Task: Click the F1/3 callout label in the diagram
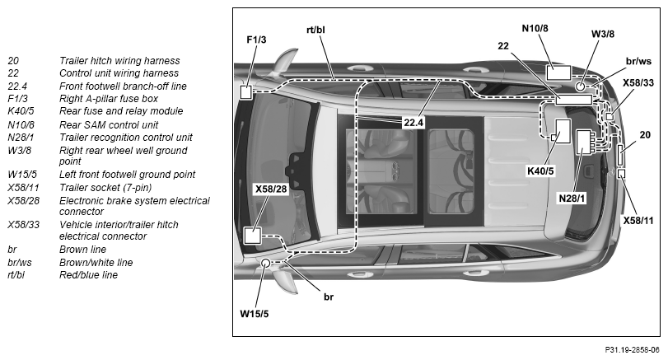click(x=256, y=40)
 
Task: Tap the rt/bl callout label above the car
click(x=315, y=30)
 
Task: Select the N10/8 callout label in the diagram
click(x=535, y=29)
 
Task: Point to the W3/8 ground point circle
click(x=581, y=86)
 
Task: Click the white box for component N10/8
click(x=558, y=72)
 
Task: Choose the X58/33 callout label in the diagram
click(x=638, y=82)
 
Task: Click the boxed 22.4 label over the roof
click(x=413, y=123)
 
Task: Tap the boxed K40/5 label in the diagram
click(x=540, y=171)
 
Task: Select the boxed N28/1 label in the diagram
click(x=572, y=199)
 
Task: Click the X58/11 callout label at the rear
click(x=638, y=221)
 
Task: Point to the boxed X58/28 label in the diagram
click(x=271, y=189)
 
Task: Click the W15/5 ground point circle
click(x=265, y=263)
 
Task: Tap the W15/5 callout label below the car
click(x=255, y=315)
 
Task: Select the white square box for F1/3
click(x=245, y=92)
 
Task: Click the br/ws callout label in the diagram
click(x=638, y=61)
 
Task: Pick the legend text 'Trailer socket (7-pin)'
click(x=105, y=188)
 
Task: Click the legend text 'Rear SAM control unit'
click(x=109, y=125)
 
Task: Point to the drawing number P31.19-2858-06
click(x=632, y=350)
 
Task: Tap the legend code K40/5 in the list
click(x=21, y=111)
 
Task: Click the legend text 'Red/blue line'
click(x=88, y=275)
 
